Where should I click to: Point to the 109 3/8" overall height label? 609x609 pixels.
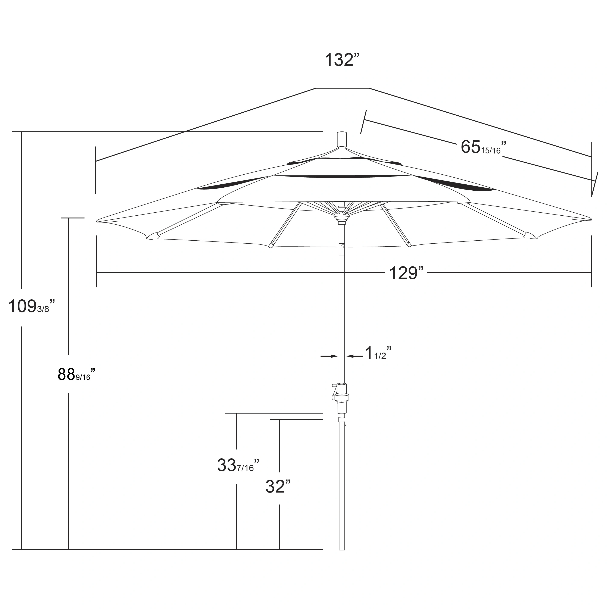pos(31,306)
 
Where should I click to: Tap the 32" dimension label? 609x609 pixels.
pos(277,486)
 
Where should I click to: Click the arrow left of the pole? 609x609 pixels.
pos(330,356)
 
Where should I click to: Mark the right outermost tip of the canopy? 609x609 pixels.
pos(590,219)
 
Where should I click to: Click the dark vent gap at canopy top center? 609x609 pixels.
pos(342,177)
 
